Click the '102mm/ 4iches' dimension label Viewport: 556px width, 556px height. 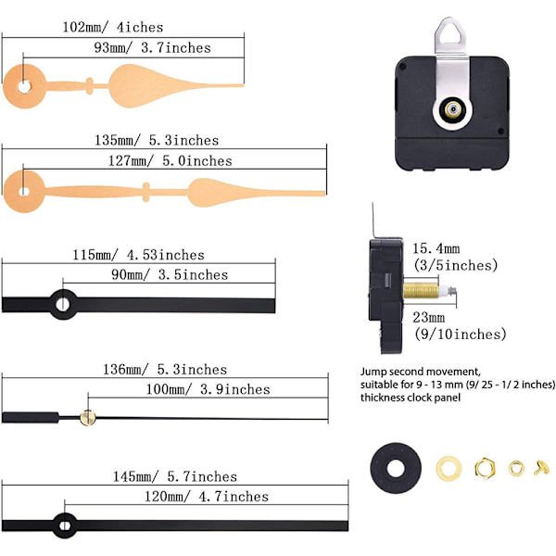point(113,27)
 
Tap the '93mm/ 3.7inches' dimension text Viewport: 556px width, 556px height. point(153,48)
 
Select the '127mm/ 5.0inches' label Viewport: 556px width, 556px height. point(171,161)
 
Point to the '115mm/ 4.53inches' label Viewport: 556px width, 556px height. point(139,255)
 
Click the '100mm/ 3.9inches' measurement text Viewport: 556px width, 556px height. point(208,389)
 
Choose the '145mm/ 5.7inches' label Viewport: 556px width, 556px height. point(175,476)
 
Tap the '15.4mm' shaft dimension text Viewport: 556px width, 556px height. point(436,248)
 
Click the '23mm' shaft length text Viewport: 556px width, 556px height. point(429,317)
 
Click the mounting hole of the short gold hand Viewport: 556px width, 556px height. point(24,87)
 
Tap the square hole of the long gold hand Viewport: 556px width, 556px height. point(24,192)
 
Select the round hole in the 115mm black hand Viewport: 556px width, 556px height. point(63,304)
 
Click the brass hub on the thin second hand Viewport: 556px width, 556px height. point(88,417)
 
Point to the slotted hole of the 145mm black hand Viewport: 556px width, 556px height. point(64,525)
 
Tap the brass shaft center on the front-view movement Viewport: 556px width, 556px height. point(453,109)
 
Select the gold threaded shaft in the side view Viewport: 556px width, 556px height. point(421,291)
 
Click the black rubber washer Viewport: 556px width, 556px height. point(396,468)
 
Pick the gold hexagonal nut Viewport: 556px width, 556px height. point(485,468)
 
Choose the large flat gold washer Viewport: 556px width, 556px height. point(449,468)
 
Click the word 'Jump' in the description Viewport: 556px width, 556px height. point(373,373)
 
